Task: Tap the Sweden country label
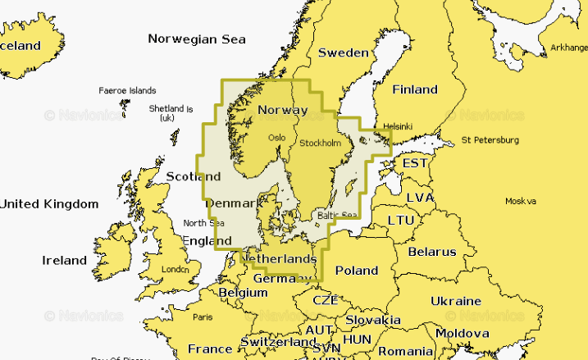coord(343,52)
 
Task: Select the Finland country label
coord(415,89)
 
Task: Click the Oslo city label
coord(277,137)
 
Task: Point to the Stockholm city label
coord(320,143)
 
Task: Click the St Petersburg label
coord(490,139)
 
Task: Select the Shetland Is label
coord(171,112)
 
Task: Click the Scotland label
coord(193,176)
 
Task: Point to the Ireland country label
coord(64,260)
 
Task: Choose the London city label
coord(175,269)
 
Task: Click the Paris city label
coord(202,317)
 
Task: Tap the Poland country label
coord(356,270)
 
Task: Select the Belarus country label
coord(431,251)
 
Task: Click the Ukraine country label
coord(456,301)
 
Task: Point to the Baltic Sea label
coord(338,216)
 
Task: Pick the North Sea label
coord(203,223)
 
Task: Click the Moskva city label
coord(520,201)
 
